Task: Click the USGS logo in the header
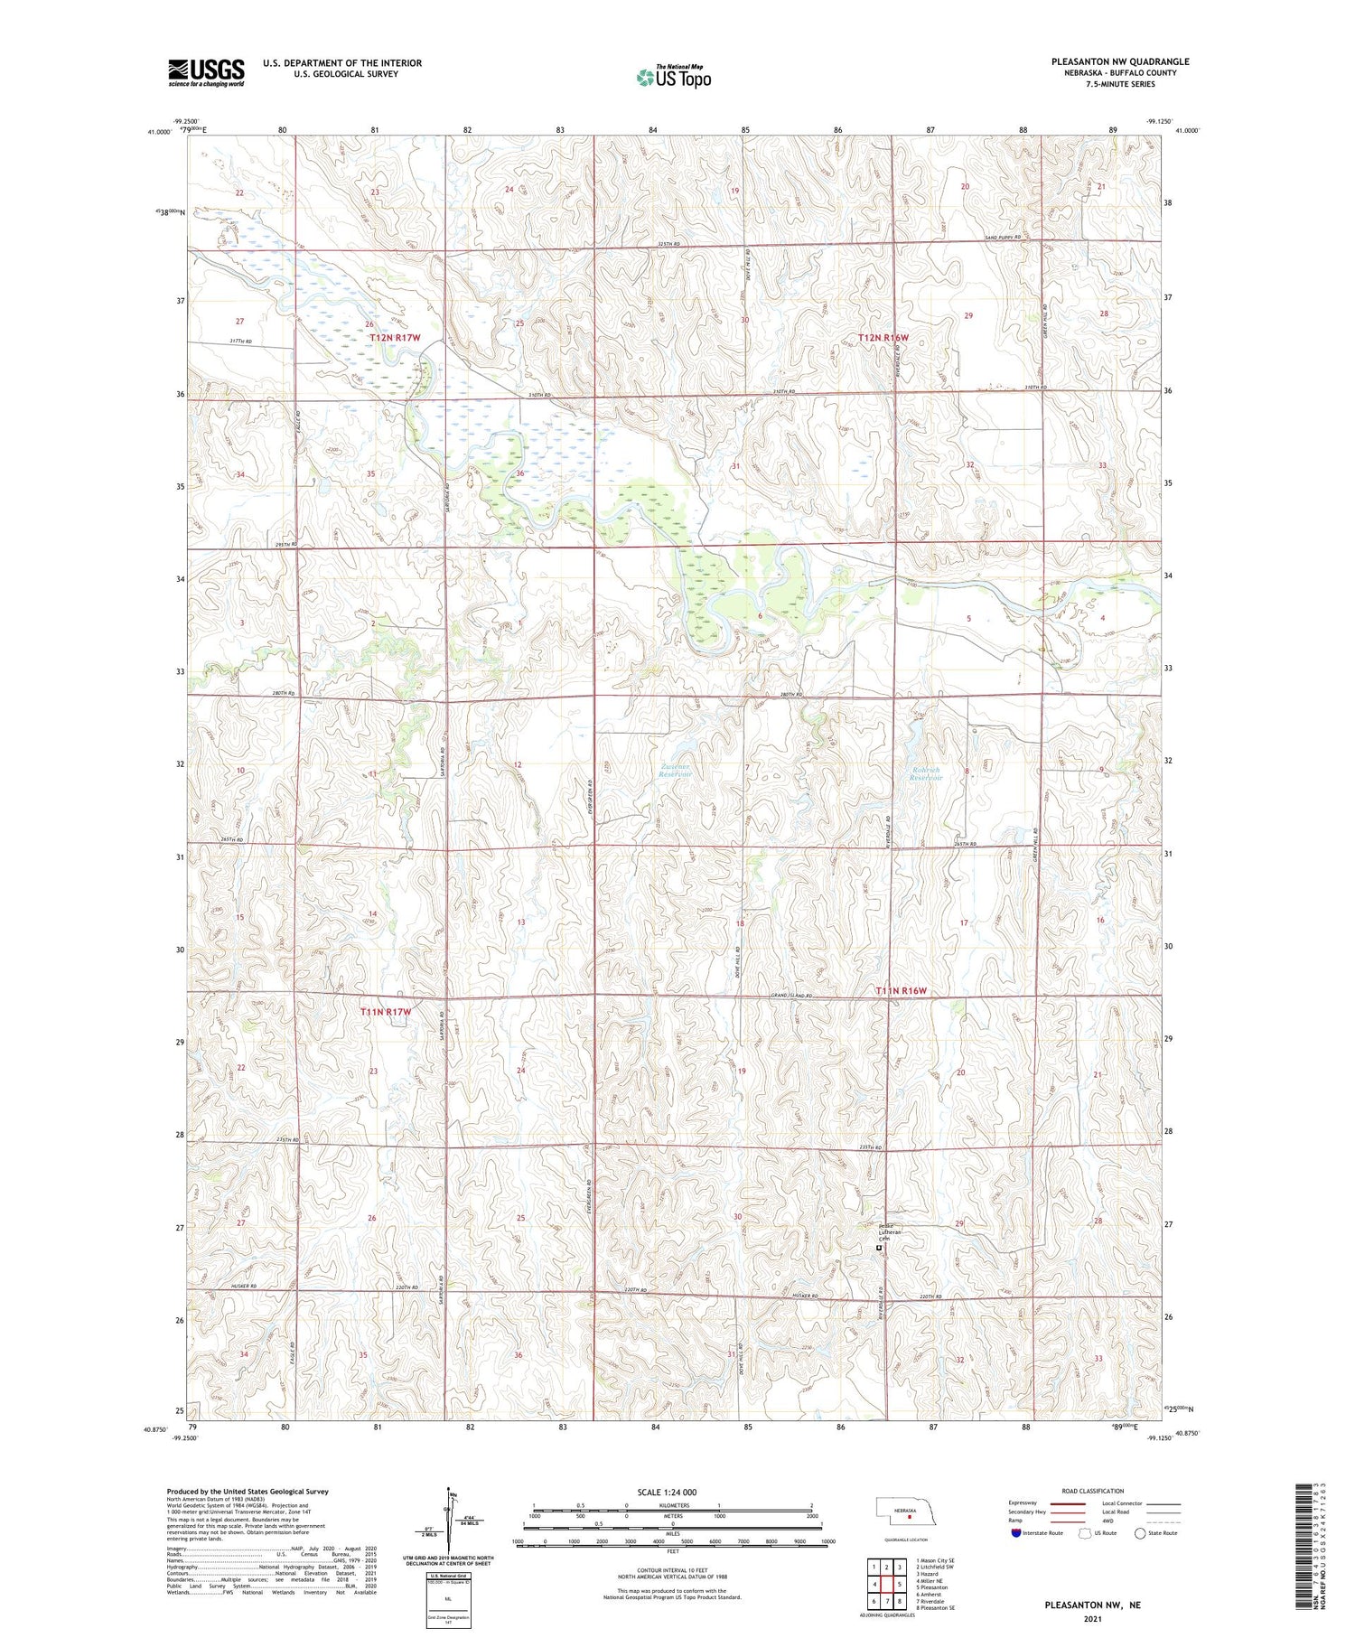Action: pyautogui.click(x=206, y=72)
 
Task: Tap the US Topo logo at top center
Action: pyautogui.click(x=674, y=77)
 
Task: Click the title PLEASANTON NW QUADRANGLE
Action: pyautogui.click(x=1119, y=61)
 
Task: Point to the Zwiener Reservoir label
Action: pyautogui.click(x=674, y=772)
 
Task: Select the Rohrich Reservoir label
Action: pyautogui.click(x=925, y=774)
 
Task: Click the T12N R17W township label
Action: pyautogui.click(x=395, y=337)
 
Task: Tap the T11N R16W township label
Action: pyautogui.click(x=901, y=991)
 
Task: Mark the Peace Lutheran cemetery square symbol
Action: pyautogui.click(x=879, y=1248)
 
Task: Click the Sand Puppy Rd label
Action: pyautogui.click(x=1002, y=238)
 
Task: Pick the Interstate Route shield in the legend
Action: pyautogui.click(x=1015, y=1533)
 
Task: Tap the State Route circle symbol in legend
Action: pyautogui.click(x=1140, y=1533)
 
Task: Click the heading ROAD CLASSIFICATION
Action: pyautogui.click(x=1093, y=1491)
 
